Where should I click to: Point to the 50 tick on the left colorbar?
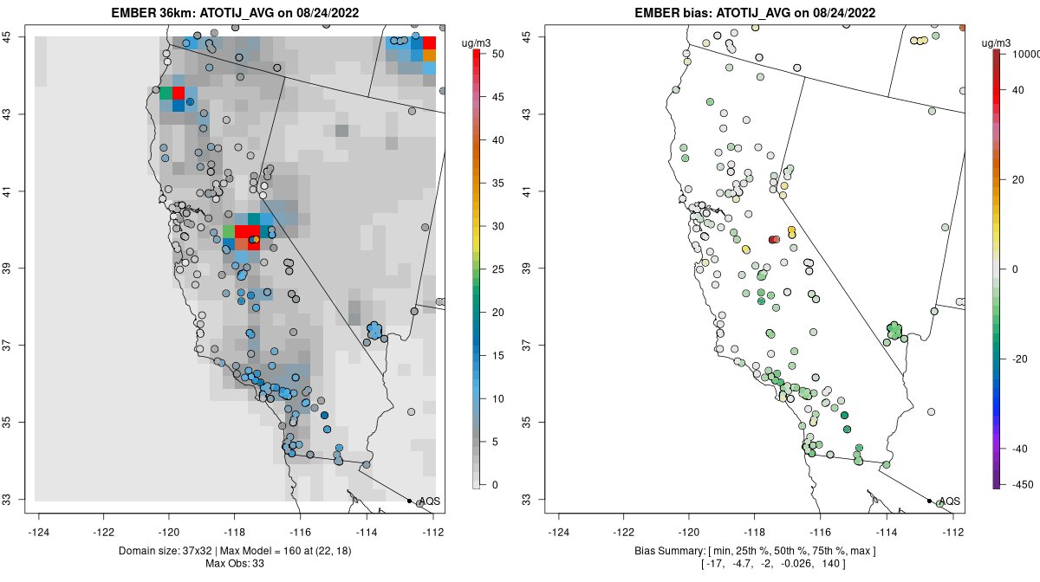point(493,54)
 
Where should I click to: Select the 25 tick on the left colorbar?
point(493,269)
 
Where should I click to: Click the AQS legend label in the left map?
point(429,501)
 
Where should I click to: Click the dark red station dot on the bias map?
point(774,240)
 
